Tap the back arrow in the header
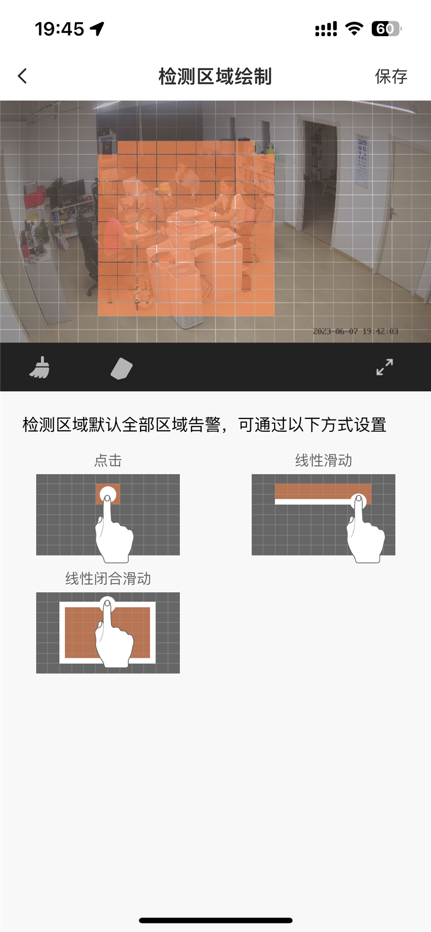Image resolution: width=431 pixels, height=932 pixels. point(22,76)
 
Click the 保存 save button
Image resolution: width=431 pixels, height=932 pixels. point(391,76)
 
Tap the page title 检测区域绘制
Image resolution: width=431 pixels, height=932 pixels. point(215,76)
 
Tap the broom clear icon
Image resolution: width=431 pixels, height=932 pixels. point(39,368)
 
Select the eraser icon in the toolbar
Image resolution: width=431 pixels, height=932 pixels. point(122,369)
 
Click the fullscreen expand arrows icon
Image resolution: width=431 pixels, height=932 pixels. point(385,367)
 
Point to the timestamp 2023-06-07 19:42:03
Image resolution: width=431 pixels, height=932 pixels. point(356,331)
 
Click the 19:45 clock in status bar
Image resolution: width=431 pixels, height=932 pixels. point(59,29)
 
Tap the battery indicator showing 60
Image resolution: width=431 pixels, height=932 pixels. point(386,29)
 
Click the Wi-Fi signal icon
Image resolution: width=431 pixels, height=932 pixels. point(354,29)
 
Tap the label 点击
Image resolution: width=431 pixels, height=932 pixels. point(108,460)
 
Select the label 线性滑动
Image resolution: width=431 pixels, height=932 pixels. point(323,460)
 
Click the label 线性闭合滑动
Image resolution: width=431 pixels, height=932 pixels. point(108,579)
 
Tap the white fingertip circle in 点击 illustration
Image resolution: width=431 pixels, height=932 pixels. point(108,495)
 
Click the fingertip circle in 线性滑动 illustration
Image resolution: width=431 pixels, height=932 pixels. point(359,501)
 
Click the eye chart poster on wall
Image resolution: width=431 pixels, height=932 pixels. point(362,159)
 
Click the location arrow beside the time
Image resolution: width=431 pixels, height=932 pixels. point(98,29)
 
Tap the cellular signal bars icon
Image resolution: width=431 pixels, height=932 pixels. point(326,29)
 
